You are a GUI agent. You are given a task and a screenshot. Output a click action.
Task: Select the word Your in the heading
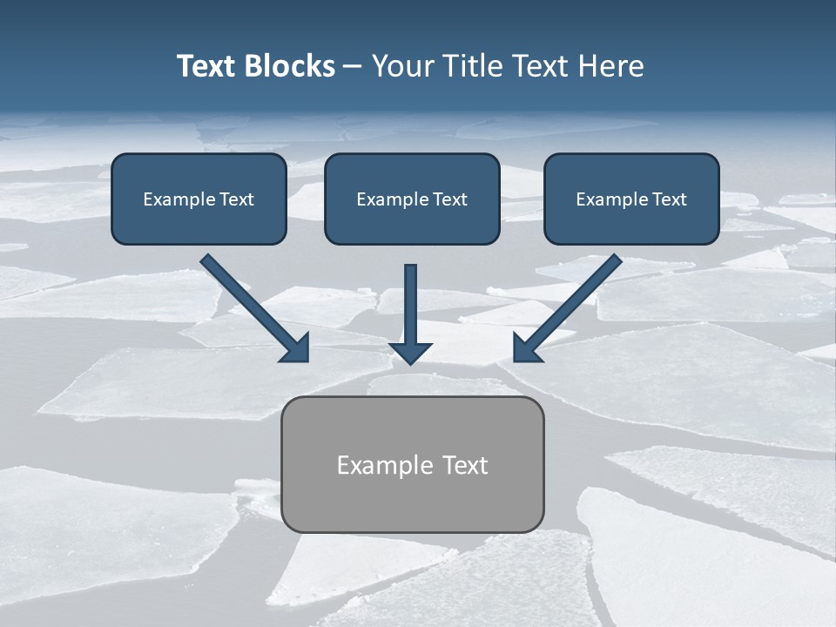[x=402, y=66]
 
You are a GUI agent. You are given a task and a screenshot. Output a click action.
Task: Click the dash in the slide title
[x=353, y=67]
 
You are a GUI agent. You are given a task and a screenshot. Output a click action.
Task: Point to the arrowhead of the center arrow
[x=410, y=353]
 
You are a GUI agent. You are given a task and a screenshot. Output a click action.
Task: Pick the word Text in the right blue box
[x=669, y=199]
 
